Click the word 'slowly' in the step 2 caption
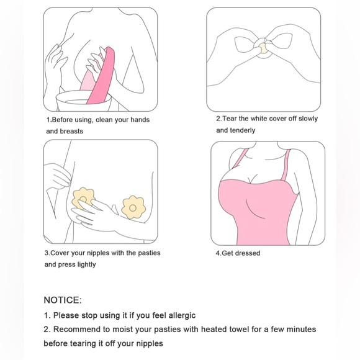(x=305, y=119)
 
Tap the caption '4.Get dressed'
(x=238, y=253)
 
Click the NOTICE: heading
(x=62, y=300)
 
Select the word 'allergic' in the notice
(x=178, y=315)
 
